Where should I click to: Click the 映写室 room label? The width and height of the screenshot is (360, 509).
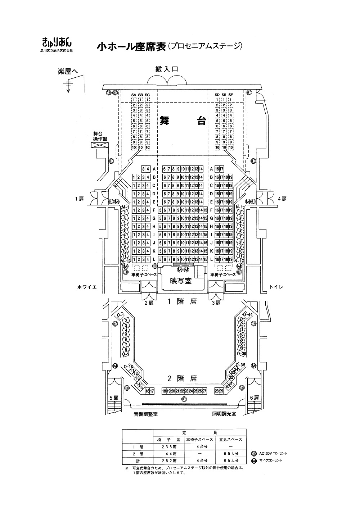point(181,281)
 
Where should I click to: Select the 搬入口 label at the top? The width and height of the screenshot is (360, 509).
point(167,70)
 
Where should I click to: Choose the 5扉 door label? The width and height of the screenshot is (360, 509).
point(114,398)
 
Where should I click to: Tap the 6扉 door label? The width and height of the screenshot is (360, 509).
point(254,398)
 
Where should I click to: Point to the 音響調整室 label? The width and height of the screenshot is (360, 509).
point(146,414)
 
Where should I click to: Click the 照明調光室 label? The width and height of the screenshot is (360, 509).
point(224,414)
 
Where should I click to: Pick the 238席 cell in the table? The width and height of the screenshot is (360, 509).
point(169,446)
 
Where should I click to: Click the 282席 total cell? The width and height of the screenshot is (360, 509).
point(169,460)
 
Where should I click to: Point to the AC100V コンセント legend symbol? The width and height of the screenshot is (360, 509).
point(255,453)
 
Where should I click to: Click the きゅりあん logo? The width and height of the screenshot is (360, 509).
point(57,42)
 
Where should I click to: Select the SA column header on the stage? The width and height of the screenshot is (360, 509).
point(134,95)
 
